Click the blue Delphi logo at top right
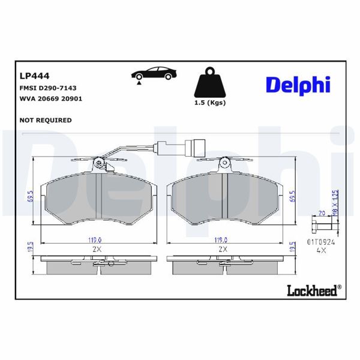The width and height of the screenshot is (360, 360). tap(298, 85)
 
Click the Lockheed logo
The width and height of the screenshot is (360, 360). tap(313, 290)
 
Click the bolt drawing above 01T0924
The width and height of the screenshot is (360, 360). tap(323, 226)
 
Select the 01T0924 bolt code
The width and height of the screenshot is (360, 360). tap(320, 242)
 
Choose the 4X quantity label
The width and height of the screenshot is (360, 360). tap(321, 252)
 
